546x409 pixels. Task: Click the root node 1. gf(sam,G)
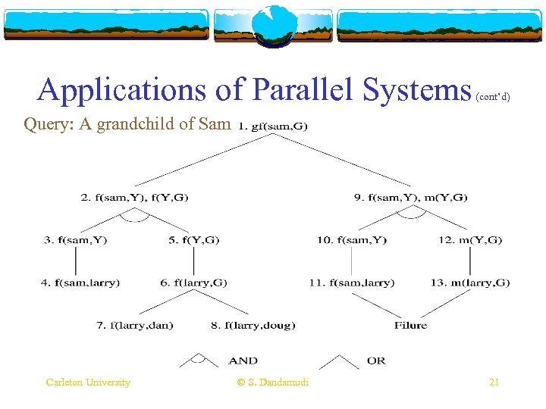pos(273,126)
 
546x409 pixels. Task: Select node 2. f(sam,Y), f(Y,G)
pos(134,198)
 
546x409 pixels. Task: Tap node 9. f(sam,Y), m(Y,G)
pos(410,198)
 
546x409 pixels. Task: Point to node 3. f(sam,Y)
pos(76,240)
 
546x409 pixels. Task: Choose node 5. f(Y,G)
pos(193,240)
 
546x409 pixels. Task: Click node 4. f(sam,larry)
pos(80,283)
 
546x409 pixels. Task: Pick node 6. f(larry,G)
pos(193,283)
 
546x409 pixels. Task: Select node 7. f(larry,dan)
pos(134,326)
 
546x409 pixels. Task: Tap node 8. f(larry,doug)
pos(253,326)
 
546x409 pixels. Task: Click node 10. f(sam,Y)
pos(352,240)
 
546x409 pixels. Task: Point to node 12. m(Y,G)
pos(470,240)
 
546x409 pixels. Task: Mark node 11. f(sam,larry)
pos(351,283)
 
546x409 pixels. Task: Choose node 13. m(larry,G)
pos(470,283)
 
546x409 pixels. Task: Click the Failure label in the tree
pos(410,326)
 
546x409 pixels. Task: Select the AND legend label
pos(243,361)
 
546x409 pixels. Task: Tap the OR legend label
pos(376,361)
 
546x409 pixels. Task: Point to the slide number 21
pos(494,382)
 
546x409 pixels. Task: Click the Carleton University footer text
pos(88,382)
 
